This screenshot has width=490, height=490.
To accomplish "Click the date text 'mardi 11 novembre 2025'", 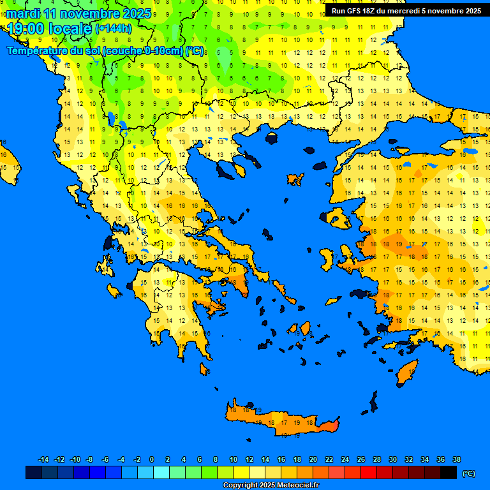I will click(78, 13).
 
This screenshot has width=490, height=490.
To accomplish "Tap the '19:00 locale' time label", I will click(50, 28).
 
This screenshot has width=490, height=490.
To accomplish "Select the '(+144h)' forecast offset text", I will click(113, 29).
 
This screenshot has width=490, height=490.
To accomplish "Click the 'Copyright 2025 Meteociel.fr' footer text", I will click(271, 486).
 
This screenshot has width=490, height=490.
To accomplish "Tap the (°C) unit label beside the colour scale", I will click(468, 473).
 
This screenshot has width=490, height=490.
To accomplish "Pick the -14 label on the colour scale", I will click(43, 459).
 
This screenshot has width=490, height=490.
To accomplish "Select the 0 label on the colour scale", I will click(152, 459).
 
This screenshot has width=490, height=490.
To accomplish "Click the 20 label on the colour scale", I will click(313, 459).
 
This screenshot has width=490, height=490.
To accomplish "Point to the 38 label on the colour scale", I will click(456, 459).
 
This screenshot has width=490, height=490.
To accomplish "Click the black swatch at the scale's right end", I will click(449, 473).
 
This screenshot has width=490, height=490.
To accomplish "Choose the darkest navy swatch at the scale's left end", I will click(34, 473).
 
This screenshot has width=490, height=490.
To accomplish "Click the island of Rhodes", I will click(406, 373).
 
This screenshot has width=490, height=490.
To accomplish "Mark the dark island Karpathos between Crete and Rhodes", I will click(373, 403).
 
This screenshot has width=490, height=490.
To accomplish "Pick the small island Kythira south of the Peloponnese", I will click(205, 369).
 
